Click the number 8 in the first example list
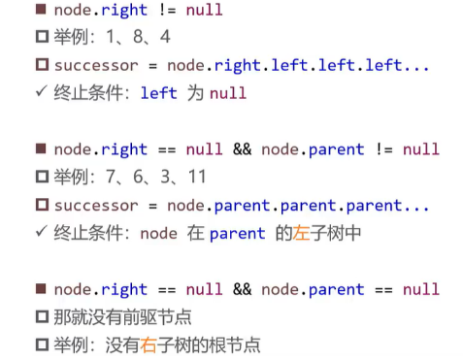[138, 36]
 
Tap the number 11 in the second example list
[197, 177]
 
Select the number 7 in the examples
[111, 177]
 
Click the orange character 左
[301, 233]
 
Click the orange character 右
[149, 344]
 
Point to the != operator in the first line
[167, 10]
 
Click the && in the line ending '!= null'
[242, 149]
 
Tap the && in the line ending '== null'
[242, 289]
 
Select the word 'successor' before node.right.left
[96, 66]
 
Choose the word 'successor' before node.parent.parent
[96, 206]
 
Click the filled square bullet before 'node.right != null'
[41, 9]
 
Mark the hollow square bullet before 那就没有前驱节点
[42, 316]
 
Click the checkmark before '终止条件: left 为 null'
[42, 91]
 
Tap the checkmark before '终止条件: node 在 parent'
[42, 231]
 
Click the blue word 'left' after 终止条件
[159, 93]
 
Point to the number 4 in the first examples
[165, 36]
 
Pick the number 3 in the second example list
[165, 177]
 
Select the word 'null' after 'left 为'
[228, 93]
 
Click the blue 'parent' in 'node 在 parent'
[238, 234]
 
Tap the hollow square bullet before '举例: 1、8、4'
[42, 37]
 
